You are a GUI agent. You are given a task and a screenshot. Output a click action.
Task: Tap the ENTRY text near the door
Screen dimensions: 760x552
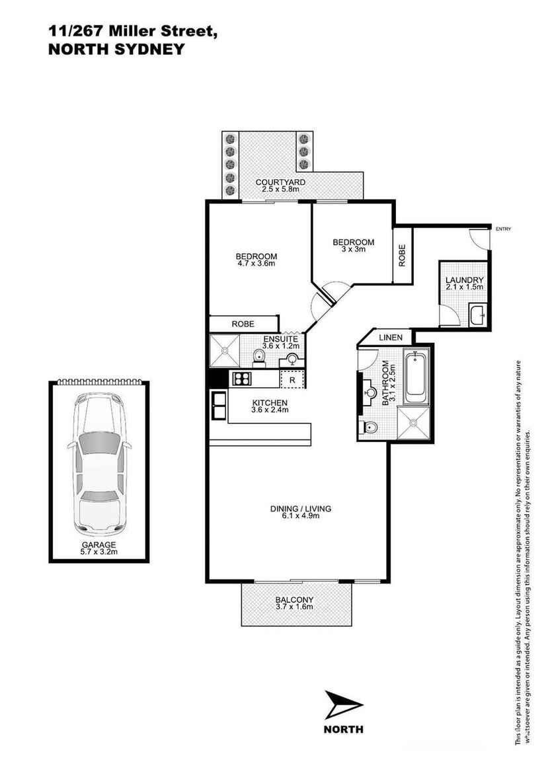tap(503, 229)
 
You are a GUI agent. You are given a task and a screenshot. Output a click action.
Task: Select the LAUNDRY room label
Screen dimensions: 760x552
tap(465, 280)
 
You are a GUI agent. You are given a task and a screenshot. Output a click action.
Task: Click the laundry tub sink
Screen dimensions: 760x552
tap(477, 315)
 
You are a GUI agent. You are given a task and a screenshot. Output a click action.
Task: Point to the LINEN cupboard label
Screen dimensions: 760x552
tap(391, 338)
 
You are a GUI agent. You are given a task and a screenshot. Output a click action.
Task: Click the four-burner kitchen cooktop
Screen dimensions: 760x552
tap(241, 379)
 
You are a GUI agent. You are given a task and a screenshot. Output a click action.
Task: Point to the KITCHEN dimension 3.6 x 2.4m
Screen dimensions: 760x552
tap(269, 410)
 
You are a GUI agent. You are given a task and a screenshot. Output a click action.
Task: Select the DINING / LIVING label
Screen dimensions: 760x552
tap(300, 509)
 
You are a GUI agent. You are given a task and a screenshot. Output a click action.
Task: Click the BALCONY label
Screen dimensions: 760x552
tap(294, 600)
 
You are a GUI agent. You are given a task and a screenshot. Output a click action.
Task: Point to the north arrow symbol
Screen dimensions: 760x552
tap(342, 705)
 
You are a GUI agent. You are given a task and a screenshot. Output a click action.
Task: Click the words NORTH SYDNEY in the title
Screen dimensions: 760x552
tap(116, 48)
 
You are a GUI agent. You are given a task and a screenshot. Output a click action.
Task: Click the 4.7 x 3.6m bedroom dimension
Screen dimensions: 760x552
tap(256, 264)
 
